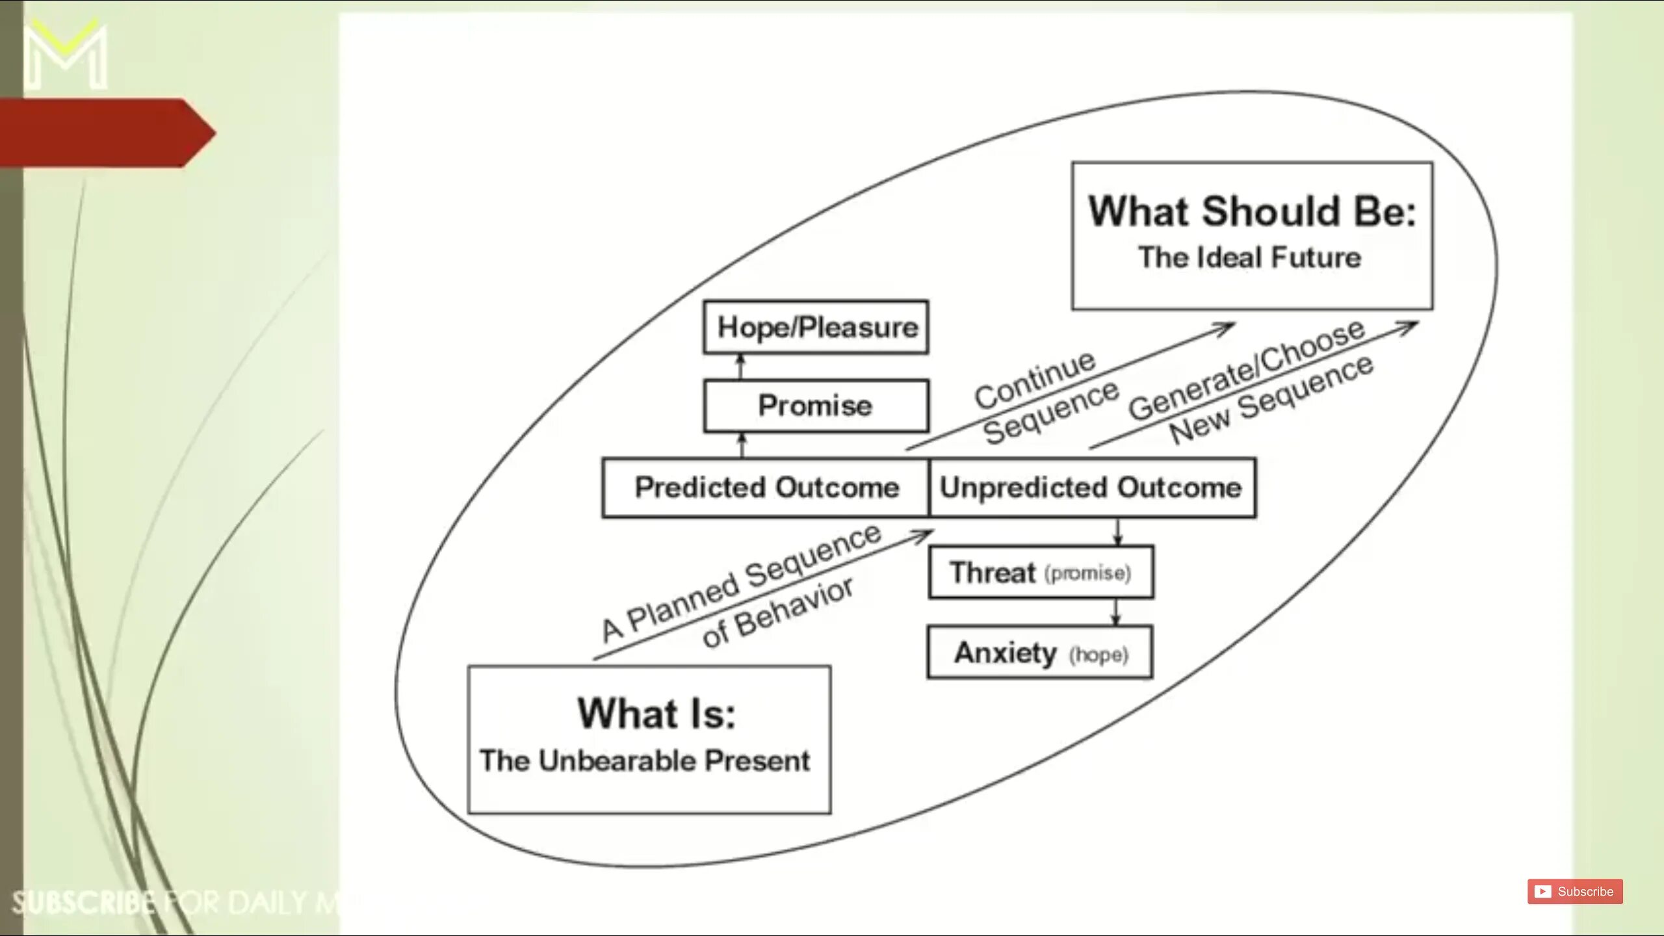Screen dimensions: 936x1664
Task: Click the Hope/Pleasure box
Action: [816, 327]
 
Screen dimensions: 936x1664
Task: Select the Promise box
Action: [816, 406]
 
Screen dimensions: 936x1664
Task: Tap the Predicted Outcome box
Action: [766, 487]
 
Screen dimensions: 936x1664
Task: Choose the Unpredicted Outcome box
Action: [1092, 487]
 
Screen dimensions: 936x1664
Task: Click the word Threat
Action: [993, 573]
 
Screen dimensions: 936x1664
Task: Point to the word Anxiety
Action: [1005, 653]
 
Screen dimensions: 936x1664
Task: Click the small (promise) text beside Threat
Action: [1087, 573]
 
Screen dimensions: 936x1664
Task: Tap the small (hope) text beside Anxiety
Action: [1098, 654]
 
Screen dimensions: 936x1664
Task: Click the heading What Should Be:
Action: [1252, 212]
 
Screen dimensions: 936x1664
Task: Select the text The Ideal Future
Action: [1249, 257]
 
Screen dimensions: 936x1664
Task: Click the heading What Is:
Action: [656, 714]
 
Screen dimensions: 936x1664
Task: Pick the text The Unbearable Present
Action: [645, 760]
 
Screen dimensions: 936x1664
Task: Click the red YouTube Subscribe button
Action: [1574, 891]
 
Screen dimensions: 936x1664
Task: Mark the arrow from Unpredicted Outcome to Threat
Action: [1117, 532]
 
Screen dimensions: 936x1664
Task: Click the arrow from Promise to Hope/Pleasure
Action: [740, 367]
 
